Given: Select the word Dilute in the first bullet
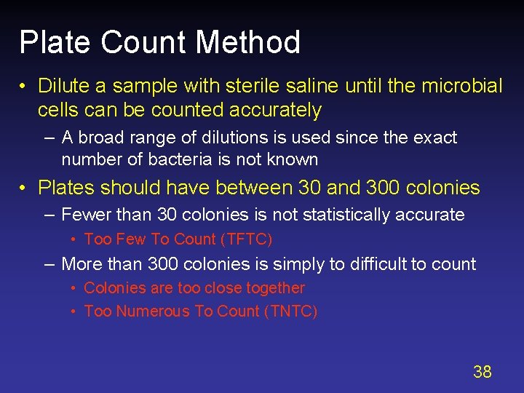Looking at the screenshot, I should (63, 86).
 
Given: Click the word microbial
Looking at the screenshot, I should (461, 86).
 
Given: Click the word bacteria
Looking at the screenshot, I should (175, 159).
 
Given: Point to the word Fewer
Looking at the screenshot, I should (83, 215).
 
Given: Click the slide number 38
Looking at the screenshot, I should (483, 373).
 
